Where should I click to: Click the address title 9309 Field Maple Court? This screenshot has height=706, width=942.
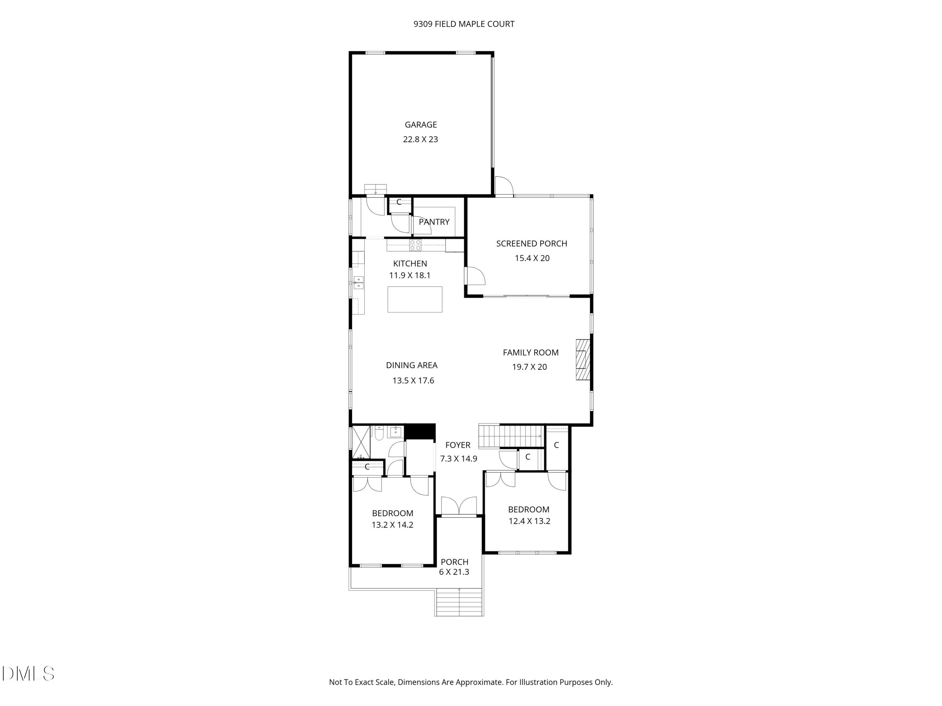[464, 24]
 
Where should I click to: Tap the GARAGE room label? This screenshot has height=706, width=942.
[421, 125]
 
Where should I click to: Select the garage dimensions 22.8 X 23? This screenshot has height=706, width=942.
[420, 139]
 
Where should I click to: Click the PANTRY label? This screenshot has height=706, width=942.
[434, 222]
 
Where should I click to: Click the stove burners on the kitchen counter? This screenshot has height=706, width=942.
[415, 245]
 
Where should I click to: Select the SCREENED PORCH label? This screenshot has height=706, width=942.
[532, 243]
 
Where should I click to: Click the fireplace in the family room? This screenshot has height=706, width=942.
[582, 359]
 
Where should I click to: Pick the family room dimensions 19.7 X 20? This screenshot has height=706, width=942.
[529, 367]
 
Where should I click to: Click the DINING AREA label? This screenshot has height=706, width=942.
[411, 365]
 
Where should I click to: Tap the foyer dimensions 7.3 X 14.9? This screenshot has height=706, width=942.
[458, 459]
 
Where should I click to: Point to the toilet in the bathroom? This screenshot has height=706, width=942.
[379, 433]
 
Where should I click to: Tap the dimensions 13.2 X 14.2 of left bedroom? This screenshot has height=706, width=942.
[392, 525]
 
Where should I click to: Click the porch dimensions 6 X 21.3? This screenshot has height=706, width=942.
[454, 572]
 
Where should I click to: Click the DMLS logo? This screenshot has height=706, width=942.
[28, 674]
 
